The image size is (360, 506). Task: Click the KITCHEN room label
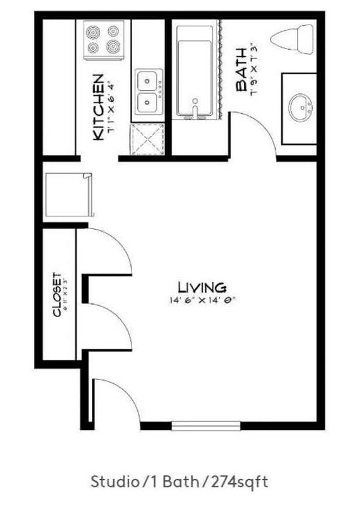pyautogui.click(x=98, y=107)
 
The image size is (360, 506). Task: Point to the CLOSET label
pyautogui.click(x=56, y=294)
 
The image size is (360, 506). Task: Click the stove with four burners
pyautogui.click(x=103, y=39)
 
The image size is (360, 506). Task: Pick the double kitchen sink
pyautogui.click(x=149, y=91)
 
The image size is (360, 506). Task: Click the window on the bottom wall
pyautogui.click(x=206, y=426)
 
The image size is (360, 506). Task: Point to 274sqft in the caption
pyautogui.click(x=241, y=483)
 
